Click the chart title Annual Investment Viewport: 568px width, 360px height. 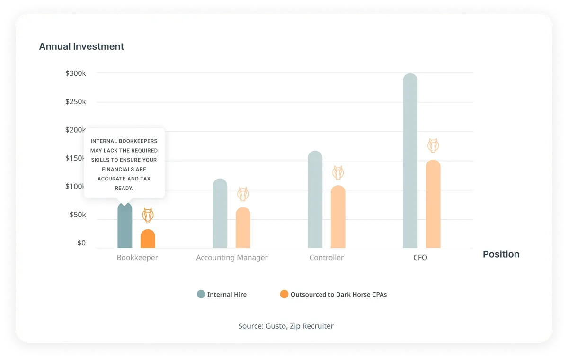point(81,47)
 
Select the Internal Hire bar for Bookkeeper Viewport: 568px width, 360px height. point(125,225)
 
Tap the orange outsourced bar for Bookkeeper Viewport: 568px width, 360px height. point(148,239)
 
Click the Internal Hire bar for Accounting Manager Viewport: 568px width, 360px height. point(220,213)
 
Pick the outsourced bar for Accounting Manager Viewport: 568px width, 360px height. point(243,228)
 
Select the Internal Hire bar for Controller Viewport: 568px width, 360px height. point(315,199)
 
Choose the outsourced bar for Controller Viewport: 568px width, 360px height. point(338,216)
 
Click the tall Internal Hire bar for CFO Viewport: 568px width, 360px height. point(410,161)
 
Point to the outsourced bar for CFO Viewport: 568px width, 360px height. point(433,204)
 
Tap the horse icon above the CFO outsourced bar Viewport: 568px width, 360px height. point(433,145)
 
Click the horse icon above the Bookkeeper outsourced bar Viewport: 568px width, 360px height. point(148,215)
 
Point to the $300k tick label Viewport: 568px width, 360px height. point(76,73)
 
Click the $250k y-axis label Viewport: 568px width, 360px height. point(76,102)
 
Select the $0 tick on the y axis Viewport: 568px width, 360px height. point(81,243)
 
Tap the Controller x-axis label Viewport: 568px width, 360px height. point(326,258)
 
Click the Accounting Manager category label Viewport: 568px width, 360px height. point(232,258)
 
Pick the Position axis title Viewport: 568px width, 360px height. point(501,254)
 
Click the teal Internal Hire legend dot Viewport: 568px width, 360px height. point(201,294)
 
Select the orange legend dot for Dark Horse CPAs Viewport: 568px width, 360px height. point(284,294)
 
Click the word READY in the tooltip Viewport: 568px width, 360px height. point(124,188)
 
